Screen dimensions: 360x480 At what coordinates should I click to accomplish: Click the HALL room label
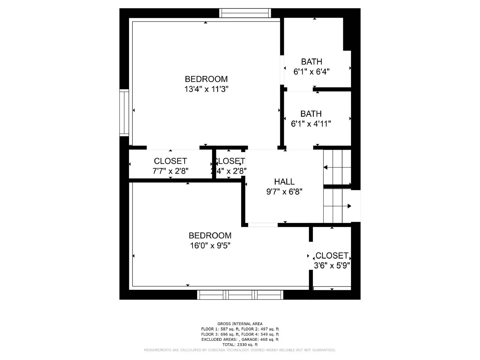[x=284, y=181]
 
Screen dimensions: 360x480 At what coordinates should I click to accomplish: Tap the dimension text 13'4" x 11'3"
[x=206, y=89]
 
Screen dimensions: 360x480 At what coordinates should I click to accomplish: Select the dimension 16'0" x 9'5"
[x=210, y=246]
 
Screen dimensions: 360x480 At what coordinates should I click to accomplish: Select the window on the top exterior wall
[x=245, y=13]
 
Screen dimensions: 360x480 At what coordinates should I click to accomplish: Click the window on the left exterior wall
[x=124, y=113]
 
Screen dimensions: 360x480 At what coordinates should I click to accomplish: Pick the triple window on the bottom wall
[x=240, y=295]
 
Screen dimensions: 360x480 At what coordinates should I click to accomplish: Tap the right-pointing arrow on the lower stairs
[x=349, y=206]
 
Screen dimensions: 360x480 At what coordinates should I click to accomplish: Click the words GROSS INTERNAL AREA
[x=240, y=324]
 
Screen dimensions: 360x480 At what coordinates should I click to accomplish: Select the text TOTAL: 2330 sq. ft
[x=240, y=345]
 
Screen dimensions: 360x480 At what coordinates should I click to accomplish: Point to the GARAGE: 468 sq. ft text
[x=260, y=340]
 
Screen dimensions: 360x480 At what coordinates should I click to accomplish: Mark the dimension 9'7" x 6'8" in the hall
[x=284, y=192]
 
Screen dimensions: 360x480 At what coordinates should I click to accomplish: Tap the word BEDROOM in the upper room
[x=206, y=79]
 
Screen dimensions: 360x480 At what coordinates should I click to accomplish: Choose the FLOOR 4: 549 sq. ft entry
[x=260, y=334]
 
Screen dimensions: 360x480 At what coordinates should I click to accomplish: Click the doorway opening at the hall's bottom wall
[x=263, y=225]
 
